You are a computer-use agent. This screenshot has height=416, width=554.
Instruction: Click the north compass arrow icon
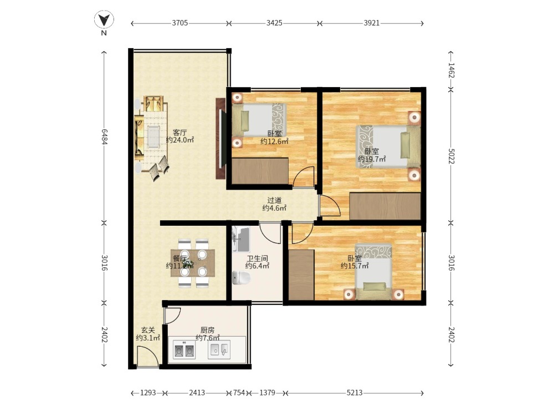pyautogui.click(x=104, y=19)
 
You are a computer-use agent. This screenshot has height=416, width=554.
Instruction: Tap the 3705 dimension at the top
pyautogui.click(x=180, y=23)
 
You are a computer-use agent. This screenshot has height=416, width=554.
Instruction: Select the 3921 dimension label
pyautogui.click(x=372, y=23)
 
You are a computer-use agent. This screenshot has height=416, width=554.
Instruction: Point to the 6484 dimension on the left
pyautogui.click(x=104, y=136)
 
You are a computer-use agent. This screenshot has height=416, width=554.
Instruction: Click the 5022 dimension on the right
pyautogui.click(x=451, y=156)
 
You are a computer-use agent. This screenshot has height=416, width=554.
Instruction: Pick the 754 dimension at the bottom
pyautogui.click(x=239, y=393)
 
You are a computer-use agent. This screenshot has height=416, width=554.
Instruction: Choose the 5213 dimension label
pyautogui.click(x=355, y=393)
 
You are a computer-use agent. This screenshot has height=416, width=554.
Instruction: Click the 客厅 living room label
pyautogui.click(x=179, y=133)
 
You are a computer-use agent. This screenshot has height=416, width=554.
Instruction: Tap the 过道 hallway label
pyautogui.click(x=274, y=201)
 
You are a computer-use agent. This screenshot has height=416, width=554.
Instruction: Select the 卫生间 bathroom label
pyautogui.click(x=257, y=258)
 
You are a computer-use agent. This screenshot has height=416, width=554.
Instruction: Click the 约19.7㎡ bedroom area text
pyautogui.click(x=372, y=159)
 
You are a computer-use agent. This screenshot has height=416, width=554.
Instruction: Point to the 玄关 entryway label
pyautogui.click(x=148, y=330)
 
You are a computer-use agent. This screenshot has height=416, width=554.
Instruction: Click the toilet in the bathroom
pyautogui.click(x=242, y=277)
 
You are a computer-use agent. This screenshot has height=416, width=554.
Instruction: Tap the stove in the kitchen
pyautogui.click(x=184, y=350)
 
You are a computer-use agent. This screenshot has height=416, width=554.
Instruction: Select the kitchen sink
pyautogui.click(x=219, y=349)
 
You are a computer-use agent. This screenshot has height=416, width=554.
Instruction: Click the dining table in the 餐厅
pyautogui.click(x=193, y=263)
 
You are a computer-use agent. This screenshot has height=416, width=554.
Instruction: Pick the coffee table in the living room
pyautogui.click(x=153, y=136)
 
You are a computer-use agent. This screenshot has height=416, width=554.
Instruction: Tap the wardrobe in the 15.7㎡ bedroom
pyautogui.click(x=301, y=275)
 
